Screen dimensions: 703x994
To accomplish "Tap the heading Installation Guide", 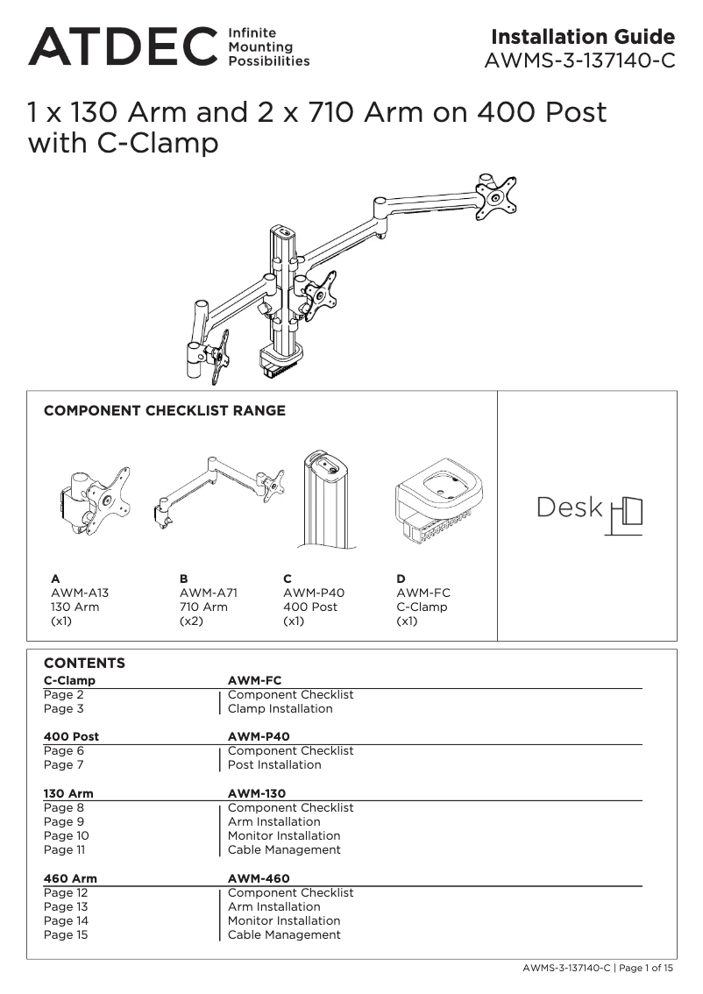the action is coord(583,37).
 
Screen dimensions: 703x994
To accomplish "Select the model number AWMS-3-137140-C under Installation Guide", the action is coord(580,61).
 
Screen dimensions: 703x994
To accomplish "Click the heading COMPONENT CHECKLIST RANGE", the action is coord(165,411).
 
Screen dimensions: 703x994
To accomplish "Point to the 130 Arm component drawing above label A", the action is coord(95,500).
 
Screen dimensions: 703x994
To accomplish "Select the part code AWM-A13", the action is coord(80,593).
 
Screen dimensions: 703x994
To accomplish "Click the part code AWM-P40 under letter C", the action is coord(314,593).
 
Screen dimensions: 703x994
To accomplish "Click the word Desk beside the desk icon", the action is coord(570,508).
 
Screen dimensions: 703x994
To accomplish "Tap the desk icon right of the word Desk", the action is coord(626,515).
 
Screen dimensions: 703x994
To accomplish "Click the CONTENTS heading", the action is coord(84,664).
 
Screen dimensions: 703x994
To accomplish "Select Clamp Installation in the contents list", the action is coord(280,708).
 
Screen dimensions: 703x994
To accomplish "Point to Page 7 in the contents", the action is coord(64,764).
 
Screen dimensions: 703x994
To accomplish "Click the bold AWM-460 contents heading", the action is coord(259,878).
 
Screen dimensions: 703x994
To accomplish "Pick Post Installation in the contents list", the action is coord(274,764).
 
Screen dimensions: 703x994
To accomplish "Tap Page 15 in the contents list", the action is coord(66,934).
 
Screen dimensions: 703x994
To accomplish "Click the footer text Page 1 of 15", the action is coord(648,969).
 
